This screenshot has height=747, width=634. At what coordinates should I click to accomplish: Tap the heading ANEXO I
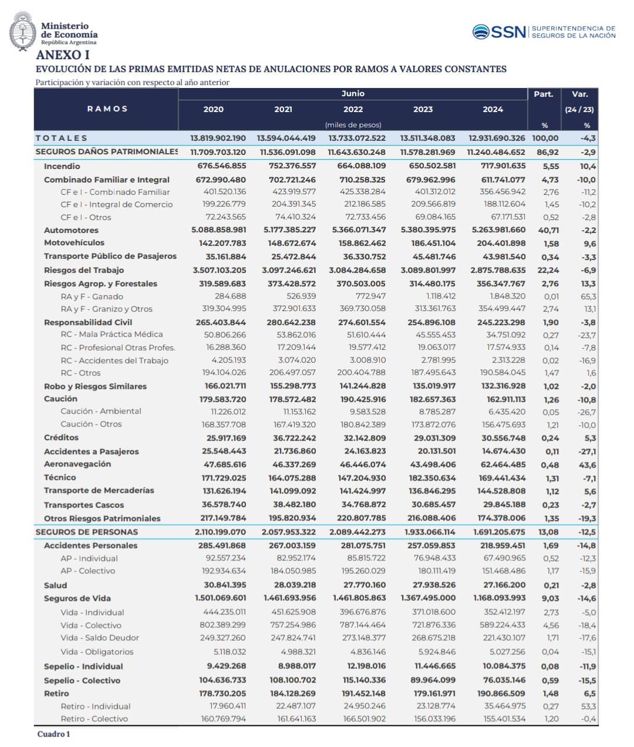click(x=63, y=55)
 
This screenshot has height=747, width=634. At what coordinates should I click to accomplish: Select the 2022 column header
click(x=353, y=109)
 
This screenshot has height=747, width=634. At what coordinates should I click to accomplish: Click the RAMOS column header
click(x=107, y=109)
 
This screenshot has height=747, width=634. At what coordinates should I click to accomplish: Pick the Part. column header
click(x=544, y=94)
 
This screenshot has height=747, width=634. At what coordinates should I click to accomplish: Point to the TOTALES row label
click(x=61, y=138)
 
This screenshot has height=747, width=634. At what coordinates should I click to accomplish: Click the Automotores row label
click(x=71, y=230)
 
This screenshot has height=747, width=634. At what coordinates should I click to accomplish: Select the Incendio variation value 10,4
click(x=588, y=167)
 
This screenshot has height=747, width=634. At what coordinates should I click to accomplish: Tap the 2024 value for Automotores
click(x=498, y=230)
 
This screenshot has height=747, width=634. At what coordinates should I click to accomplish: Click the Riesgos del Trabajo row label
click(x=84, y=270)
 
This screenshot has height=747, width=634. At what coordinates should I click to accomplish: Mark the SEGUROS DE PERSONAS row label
click(x=86, y=532)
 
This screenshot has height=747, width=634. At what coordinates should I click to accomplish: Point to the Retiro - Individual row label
click(x=96, y=706)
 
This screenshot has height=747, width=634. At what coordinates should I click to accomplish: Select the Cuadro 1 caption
click(x=53, y=734)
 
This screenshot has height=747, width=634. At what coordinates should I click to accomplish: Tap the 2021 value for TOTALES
click(x=286, y=138)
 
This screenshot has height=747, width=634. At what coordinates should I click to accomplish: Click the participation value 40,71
click(x=548, y=230)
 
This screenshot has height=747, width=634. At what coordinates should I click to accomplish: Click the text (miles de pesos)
click(x=353, y=125)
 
